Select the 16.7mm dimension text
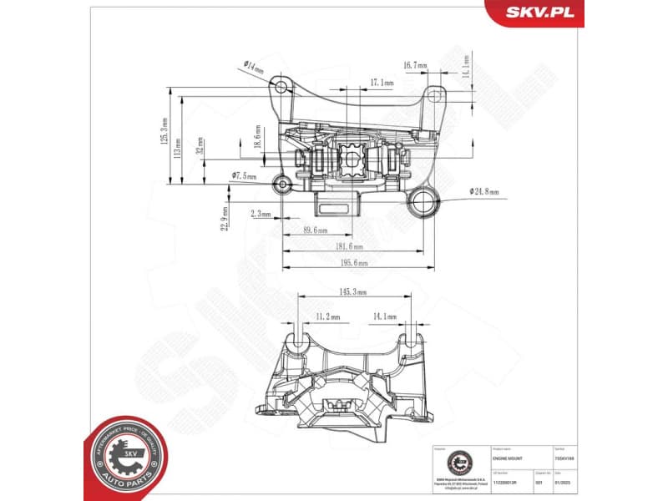pos(414,64)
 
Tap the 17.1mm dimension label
pos(382,83)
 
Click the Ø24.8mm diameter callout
pos(483,191)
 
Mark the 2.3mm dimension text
pos(261,215)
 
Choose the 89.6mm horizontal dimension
pos(315,230)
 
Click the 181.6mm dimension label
pos(348,247)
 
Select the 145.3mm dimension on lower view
pos(353,291)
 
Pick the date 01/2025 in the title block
pos(566,483)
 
